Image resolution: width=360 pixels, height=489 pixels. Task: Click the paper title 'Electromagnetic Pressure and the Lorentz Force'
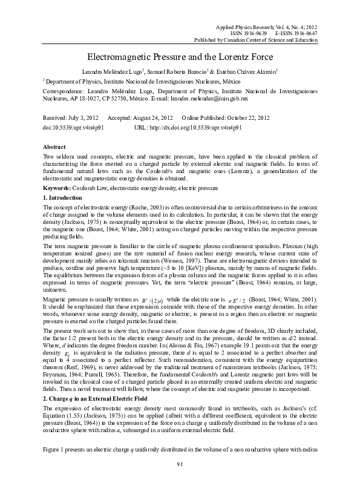click(180, 56)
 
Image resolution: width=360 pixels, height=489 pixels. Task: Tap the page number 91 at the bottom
click(180, 481)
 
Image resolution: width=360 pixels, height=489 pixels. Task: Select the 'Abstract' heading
click(55, 147)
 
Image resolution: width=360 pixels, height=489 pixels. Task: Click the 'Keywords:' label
click(59, 189)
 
